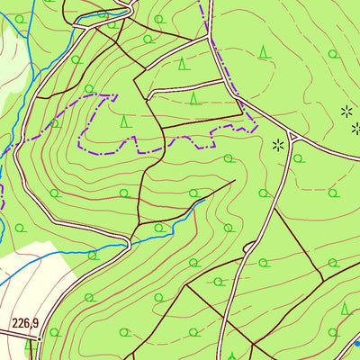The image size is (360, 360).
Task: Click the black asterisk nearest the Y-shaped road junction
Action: coord(278,143)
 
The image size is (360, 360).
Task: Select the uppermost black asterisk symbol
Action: coord(346,111)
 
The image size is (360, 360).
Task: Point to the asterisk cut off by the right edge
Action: coord(355,129)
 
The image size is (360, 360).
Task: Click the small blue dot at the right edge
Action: coord(356,342)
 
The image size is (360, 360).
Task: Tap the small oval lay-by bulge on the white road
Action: coord(249,247)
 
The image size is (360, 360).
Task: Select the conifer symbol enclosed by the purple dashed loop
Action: coord(125,120)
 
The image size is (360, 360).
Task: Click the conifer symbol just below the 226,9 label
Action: coord(32,344)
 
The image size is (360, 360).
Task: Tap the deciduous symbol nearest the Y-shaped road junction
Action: coord(297,159)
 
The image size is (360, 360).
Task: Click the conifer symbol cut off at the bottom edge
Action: coord(232,355)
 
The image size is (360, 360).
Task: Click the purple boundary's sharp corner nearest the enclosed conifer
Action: coord(115,94)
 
